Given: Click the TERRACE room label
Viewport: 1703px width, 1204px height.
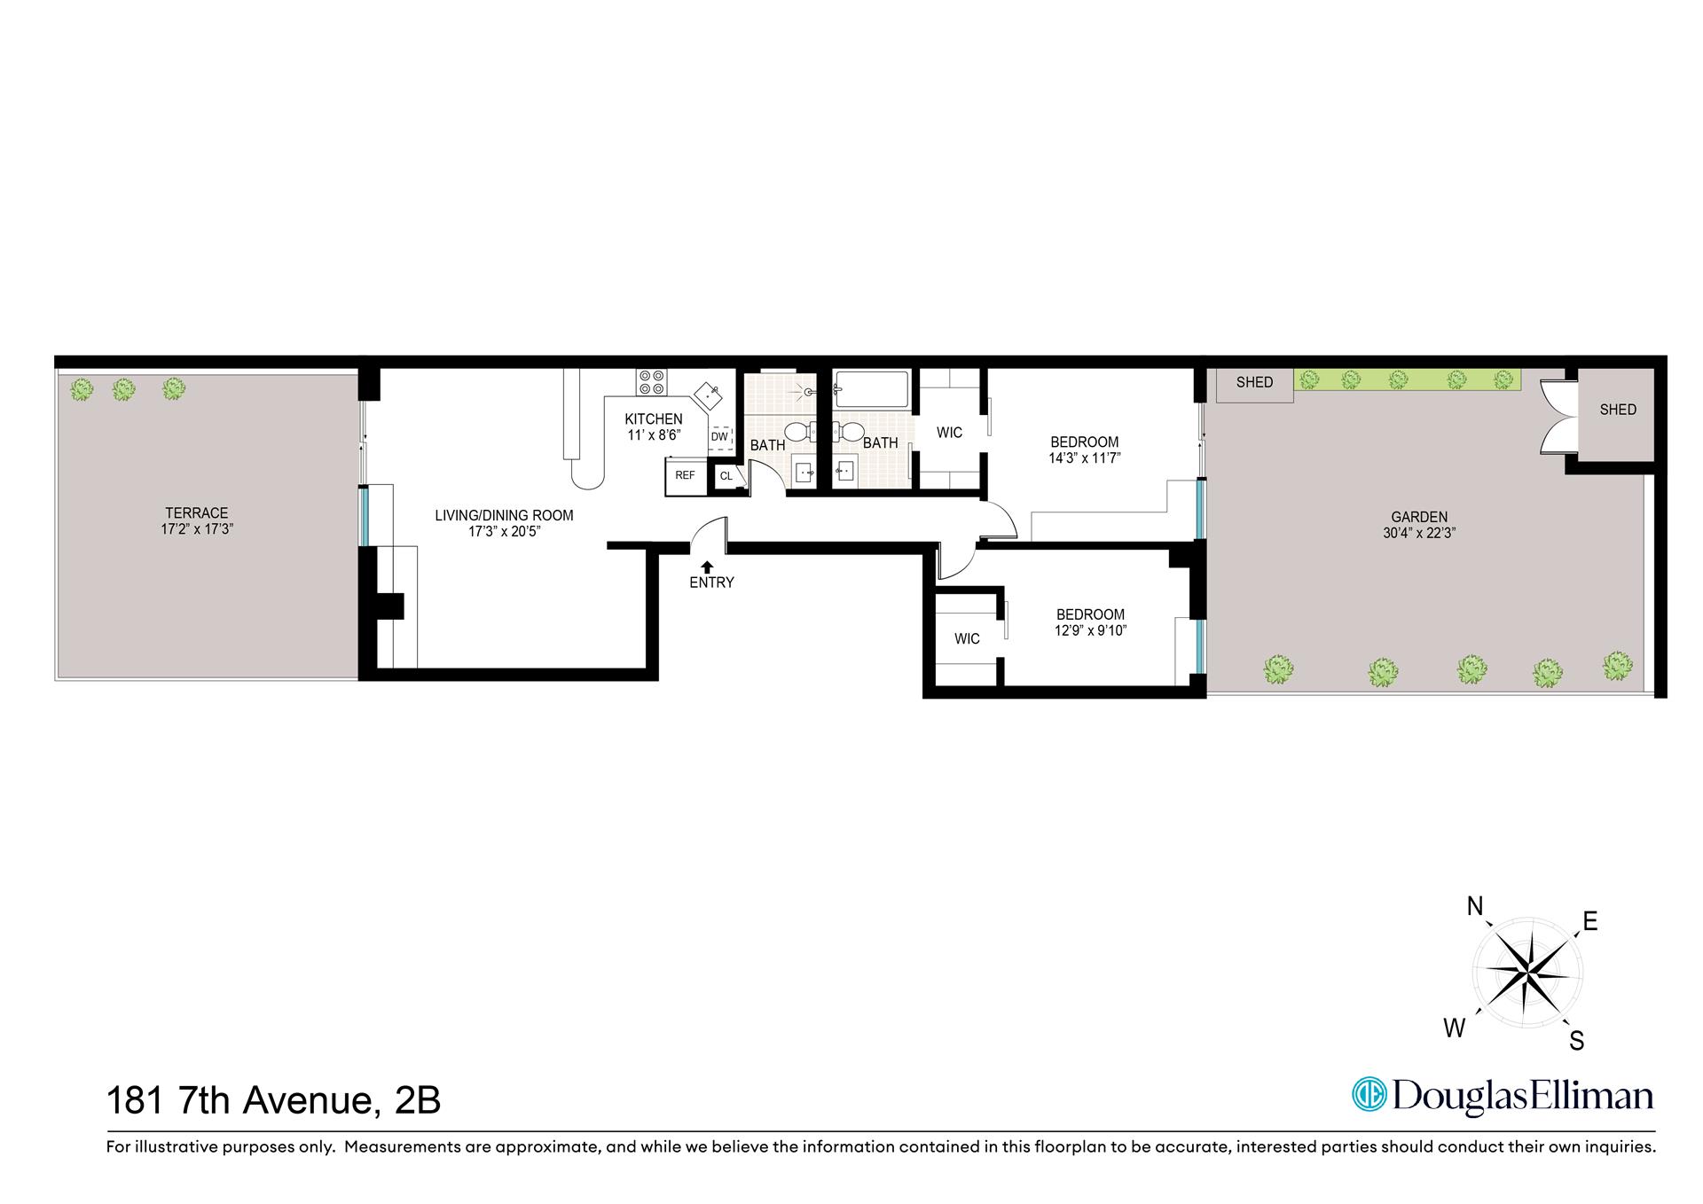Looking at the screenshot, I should pos(196,512).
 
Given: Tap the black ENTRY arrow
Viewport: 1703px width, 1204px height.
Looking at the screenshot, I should pos(707,566).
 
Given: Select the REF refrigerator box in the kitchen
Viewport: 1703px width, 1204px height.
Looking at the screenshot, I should pos(686,476).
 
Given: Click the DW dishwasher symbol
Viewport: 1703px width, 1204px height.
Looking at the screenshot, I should pos(719,436).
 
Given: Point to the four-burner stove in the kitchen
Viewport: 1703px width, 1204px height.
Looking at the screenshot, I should pos(651,383).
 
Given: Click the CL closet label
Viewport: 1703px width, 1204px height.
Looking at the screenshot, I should pos(726,477).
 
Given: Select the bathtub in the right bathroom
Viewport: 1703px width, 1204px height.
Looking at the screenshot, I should pos(872,389).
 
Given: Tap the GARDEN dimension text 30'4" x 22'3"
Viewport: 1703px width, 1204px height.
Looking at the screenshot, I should pos(1419,533).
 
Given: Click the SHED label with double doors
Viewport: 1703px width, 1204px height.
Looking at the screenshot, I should pos(1618,410).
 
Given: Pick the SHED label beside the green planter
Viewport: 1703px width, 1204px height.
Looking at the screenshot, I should pos(1254,382).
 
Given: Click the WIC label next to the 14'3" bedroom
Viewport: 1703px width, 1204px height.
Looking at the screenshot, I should pos(949,433).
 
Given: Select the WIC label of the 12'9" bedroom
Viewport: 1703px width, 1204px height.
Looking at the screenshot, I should pos(967,638).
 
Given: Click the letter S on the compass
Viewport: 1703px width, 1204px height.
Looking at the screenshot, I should pos(1576,1040).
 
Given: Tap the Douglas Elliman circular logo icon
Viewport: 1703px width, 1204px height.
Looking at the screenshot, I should pos(1369,1093).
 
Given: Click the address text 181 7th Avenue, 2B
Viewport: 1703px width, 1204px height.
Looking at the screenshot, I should pos(273,1101).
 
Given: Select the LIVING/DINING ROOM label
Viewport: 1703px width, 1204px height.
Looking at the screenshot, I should pos(504,515).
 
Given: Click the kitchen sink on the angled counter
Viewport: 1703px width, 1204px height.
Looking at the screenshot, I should pos(708,393).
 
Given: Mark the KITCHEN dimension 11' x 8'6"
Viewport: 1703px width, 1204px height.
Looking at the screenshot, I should pos(654,435).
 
